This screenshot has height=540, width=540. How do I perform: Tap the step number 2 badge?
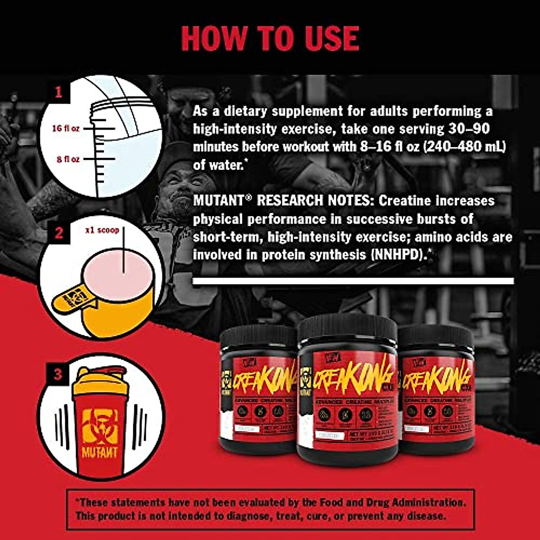[58, 233]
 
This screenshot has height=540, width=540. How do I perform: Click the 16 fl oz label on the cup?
[66, 128]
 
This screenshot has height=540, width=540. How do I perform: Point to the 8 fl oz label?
[68, 159]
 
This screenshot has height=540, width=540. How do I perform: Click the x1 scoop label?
[103, 230]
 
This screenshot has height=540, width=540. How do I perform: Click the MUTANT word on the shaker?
[100, 451]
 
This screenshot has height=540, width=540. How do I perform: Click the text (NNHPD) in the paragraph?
[399, 255]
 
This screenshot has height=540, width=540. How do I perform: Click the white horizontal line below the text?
[353, 281]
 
